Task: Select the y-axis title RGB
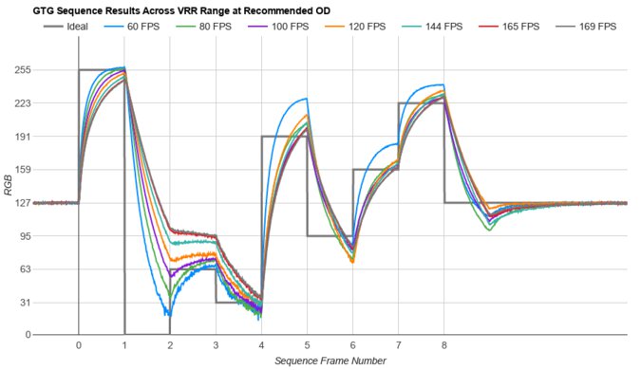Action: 9,202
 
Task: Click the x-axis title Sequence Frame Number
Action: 330,361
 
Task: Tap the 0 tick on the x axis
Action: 79,345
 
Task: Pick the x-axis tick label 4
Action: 261,345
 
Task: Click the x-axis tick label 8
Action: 444,345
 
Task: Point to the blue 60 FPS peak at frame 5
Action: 306,99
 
